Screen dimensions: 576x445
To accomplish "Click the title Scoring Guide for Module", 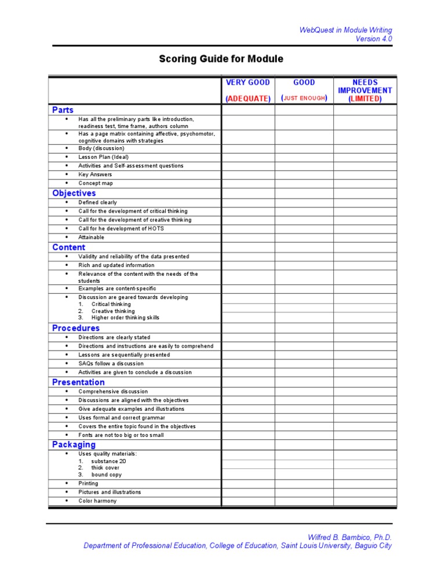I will click(221, 59).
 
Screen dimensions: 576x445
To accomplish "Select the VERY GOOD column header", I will click(247, 82).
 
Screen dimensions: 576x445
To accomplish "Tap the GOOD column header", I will click(304, 82).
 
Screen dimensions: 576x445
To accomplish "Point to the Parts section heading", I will click(63, 110).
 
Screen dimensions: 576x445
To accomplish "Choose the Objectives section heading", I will click(74, 193).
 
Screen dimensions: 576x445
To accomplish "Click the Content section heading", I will click(68, 247).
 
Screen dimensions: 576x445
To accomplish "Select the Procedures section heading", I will click(76, 328).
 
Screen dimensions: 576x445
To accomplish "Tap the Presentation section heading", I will click(78, 382).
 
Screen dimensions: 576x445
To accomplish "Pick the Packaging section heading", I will click(74, 444).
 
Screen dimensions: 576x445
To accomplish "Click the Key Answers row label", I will click(95, 174).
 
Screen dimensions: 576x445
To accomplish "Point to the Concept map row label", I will click(96, 183).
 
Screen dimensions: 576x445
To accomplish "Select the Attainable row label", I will click(92, 237).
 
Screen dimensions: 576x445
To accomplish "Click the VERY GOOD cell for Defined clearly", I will click(247, 203).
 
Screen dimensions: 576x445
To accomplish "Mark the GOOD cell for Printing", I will click(304, 483).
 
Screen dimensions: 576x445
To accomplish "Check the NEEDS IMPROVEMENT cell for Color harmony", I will click(365, 501).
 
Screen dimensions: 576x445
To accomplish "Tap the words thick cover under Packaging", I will click(105, 468).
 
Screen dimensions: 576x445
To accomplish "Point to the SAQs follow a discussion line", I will click(111, 363).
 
